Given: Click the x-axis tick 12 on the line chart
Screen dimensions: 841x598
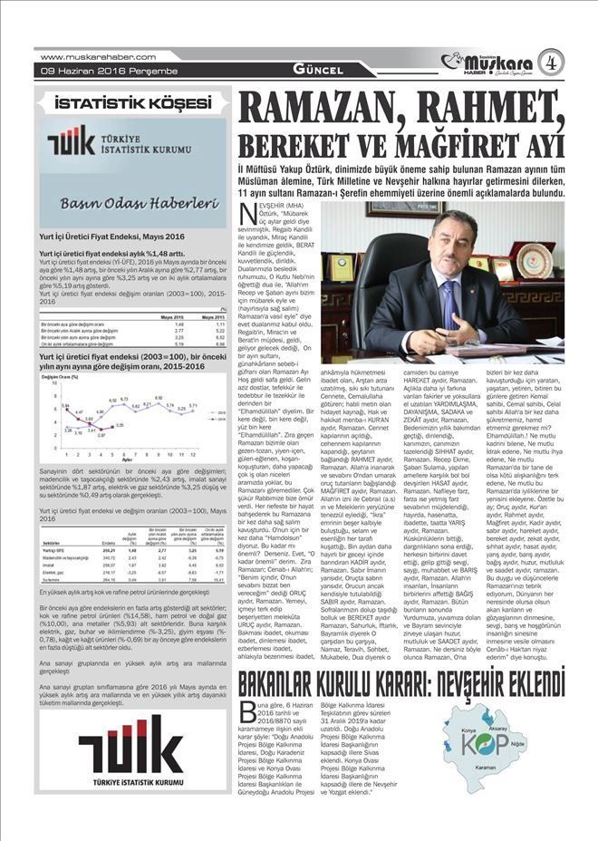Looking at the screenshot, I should click(x=192, y=455).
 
